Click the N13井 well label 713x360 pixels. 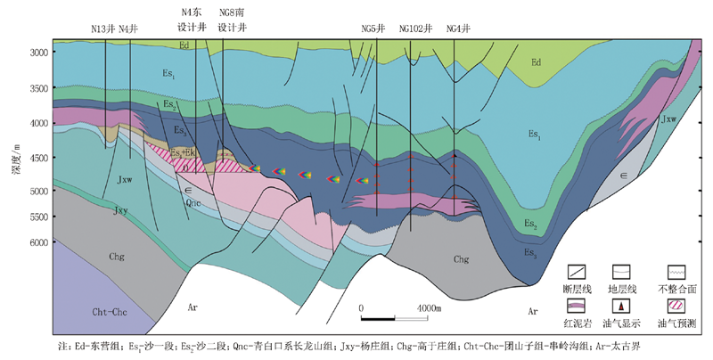tap(103, 28)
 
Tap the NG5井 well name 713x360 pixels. tap(373, 28)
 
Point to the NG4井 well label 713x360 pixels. tap(458, 28)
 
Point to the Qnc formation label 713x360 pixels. tap(193, 202)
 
